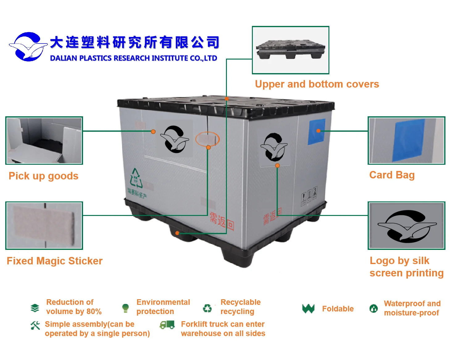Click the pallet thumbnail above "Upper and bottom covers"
[290, 50]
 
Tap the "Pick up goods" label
[44, 176]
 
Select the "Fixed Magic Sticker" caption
[55, 261]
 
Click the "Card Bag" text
[392, 175]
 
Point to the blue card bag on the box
[317, 131]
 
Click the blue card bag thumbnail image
[406, 140]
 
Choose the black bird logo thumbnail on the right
[406, 226]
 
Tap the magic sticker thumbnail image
[44, 226]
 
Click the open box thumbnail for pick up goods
[44, 140]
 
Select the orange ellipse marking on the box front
[207, 139]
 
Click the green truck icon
[167, 325]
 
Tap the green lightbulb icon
[125, 308]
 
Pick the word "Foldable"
[338, 309]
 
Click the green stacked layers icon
[35, 308]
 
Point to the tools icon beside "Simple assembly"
[35, 325]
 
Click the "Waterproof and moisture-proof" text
[412, 308]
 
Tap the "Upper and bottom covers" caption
[317, 84]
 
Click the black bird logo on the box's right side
[274, 147]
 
